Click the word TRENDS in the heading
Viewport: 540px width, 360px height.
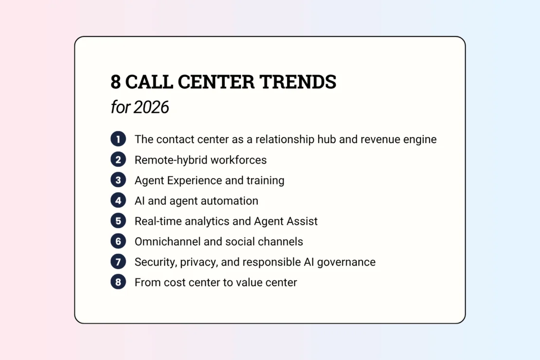coord(298,82)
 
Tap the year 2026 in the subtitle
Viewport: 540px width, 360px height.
coord(151,107)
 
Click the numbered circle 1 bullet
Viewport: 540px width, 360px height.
coord(118,139)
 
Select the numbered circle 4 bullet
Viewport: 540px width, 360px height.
coord(118,200)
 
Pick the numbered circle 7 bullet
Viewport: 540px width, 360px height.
coord(118,262)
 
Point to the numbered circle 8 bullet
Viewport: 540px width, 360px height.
coord(118,282)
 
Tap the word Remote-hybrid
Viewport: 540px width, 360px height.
coord(171,160)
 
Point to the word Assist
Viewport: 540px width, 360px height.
coord(303,221)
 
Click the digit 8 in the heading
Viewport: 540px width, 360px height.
coord(116,82)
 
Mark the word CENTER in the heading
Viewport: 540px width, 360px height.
coord(216,82)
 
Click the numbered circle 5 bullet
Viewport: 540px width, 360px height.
coord(118,221)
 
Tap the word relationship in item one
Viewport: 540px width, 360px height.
coord(285,140)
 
